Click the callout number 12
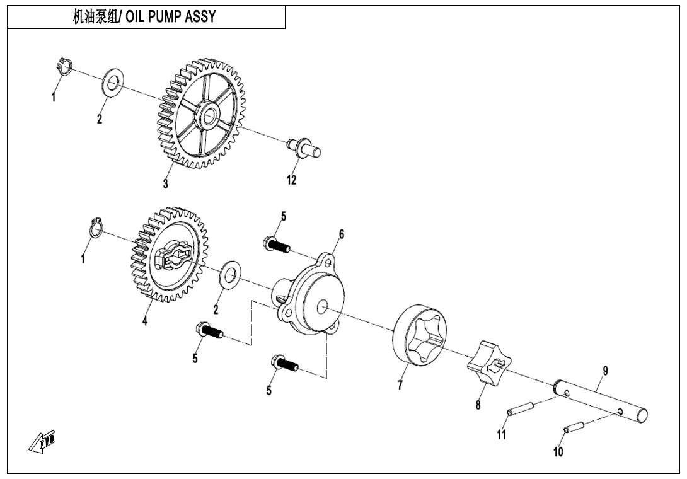[x=291, y=180]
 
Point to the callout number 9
[x=605, y=371]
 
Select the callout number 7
[x=400, y=386]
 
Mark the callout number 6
[x=342, y=234]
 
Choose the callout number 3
[x=166, y=184]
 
